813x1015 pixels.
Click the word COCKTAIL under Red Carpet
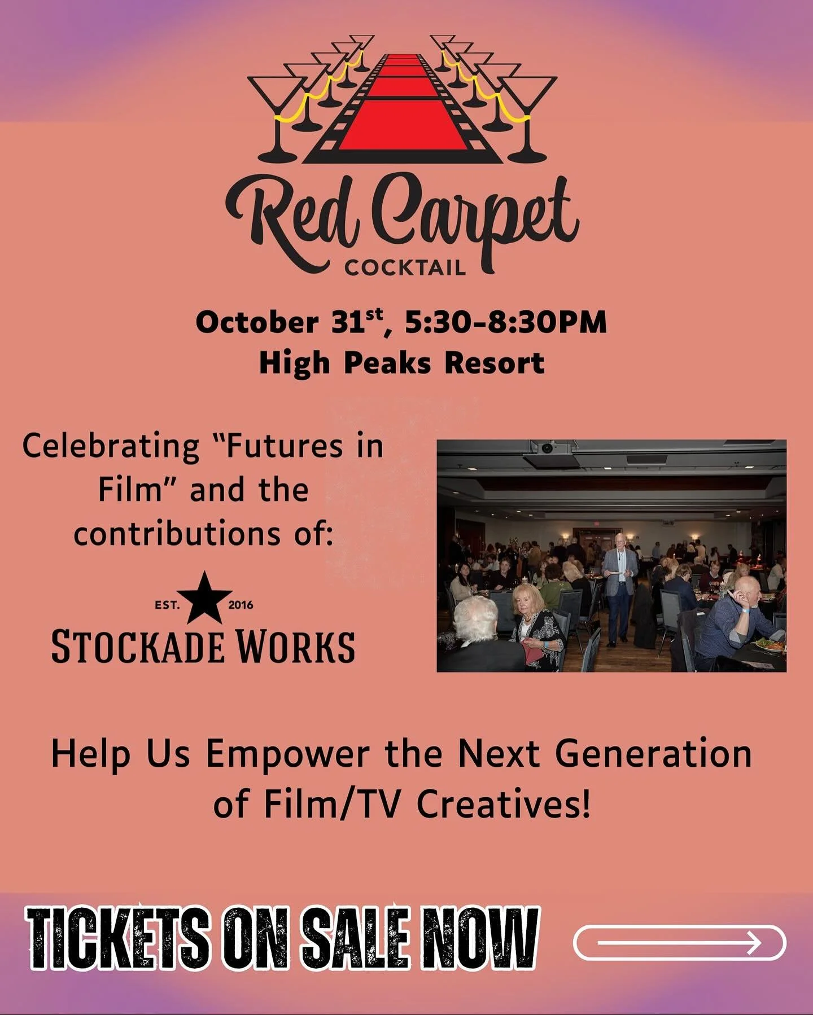(405, 267)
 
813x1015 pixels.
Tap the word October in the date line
(257, 323)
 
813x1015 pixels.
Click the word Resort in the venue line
(494, 363)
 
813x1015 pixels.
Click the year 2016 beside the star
(241, 605)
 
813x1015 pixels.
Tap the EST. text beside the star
(167, 605)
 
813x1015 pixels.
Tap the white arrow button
(679, 942)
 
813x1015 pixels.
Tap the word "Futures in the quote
(277, 446)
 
